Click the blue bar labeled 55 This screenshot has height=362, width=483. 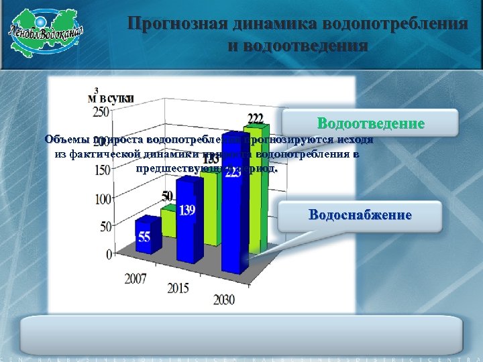pos(144,238)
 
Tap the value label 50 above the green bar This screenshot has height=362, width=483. pos(167,196)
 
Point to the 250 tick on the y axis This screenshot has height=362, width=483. pos(101,111)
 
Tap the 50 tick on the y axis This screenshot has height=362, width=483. pos(105,227)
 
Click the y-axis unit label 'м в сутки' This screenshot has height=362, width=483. pos(111,97)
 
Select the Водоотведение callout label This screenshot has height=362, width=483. pos(370,124)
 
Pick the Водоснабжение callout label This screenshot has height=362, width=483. pos(360,215)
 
